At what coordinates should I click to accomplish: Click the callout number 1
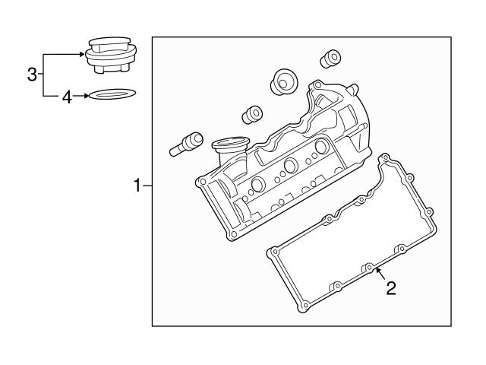pyautogui.click(x=137, y=185)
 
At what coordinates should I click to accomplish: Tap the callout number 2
pyautogui.click(x=391, y=287)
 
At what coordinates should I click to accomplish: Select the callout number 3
pyautogui.click(x=32, y=75)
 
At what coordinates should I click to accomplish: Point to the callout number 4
pyautogui.click(x=66, y=97)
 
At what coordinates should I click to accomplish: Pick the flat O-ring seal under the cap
pyautogui.click(x=112, y=96)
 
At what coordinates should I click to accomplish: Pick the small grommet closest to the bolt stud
pyautogui.click(x=251, y=115)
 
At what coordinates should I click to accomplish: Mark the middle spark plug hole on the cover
pyautogui.click(x=290, y=167)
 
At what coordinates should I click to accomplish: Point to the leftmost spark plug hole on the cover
pyautogui.click(x=257, y=185)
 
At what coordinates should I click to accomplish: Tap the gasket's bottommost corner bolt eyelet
pyautogui.click(x=304, y=307)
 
